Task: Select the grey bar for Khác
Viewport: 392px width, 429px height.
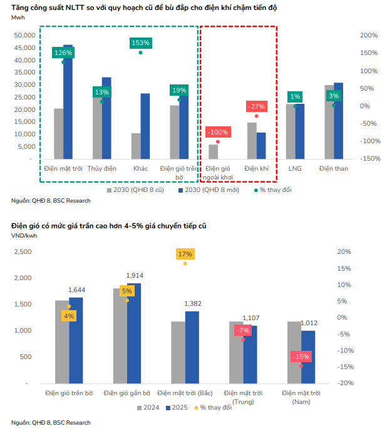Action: [x=136, y=146]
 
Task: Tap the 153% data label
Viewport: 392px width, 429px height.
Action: [x=140, y=43]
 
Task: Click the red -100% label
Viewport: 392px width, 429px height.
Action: [x=217, y=133]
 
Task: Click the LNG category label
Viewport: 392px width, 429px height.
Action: [x=295, y=169]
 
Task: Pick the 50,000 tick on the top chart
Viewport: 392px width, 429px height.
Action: [x=23, y=36]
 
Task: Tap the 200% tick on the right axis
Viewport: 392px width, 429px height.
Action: [x=369, y=36]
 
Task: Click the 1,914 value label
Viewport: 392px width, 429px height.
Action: [x=135, y=275]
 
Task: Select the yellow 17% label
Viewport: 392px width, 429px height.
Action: [x=185, y=254]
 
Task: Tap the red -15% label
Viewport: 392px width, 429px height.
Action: [x=301, y=356]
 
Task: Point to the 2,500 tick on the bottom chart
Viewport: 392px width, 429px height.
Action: [x=23, y=251]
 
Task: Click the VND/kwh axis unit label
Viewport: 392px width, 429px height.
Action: [x=24, y=235]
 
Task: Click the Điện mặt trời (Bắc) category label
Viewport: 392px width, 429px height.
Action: [x=186, y=393]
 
